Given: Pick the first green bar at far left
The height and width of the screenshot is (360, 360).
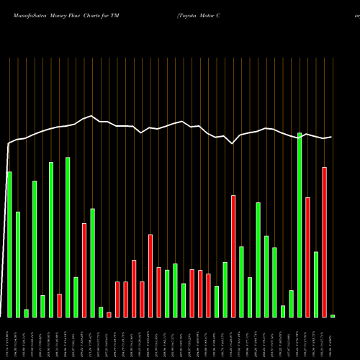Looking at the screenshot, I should click(x=9, y=245).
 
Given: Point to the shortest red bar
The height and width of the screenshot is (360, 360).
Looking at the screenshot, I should click(x=109, y=315).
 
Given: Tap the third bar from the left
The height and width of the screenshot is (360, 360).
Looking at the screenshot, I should click(x=26, y=313).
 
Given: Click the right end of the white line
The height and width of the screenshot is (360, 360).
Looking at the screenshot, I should click(x=331, y=137).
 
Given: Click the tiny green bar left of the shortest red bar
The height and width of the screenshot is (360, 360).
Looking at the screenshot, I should click(x=101, y=312).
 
